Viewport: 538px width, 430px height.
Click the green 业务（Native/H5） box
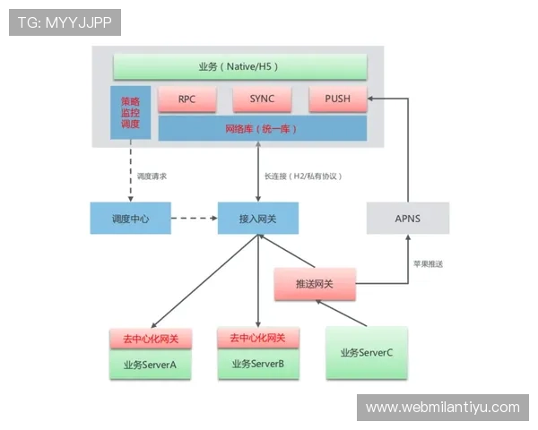pyautogui.click(x=239, y=67)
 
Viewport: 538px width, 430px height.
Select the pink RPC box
pyautogui.click(x=187, y=99)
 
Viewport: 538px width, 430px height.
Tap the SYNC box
pyautogui.click(x=263, y=99)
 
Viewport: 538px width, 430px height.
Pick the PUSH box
pyautogui.click(x=337, y=99)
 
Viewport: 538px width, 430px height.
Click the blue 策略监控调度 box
pyautogui.click(x=130, y=113)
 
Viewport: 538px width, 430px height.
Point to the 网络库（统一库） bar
pyautogui.click(x=262, y=129)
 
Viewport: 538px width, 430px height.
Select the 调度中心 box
pyautogui.click(x=130, y=219)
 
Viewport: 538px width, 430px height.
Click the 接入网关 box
pyautogui.click(x=257, y=219)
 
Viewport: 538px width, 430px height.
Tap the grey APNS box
pyautogui.click(x=407, y=219)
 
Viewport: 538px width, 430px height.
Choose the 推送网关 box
pyautogui.click(x=314, y=284)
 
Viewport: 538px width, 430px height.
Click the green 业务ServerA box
pyautogui.click(x=150, y=365)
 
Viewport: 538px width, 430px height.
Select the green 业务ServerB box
pyautogui.click(x=257, y=364)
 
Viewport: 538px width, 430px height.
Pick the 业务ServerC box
pyautogui.click(x=366, y=353)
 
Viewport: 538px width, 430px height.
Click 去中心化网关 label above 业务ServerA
pyautogui.click(x=150, y=340)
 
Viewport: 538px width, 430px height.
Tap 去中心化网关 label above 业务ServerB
pyautogui.click(x=257, y=339)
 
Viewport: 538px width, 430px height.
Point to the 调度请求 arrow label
pyautogui.click(x=152, y=176)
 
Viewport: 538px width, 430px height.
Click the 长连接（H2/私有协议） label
pyautogui.click(x=302, y=176)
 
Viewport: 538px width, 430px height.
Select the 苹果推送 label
pyautogui.click(x=428, y=264)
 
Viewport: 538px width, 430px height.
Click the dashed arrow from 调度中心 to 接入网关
pyautogui.click(x=193, y=219)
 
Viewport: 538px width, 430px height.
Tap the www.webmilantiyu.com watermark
pyautogui.click(x=442, y=408)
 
